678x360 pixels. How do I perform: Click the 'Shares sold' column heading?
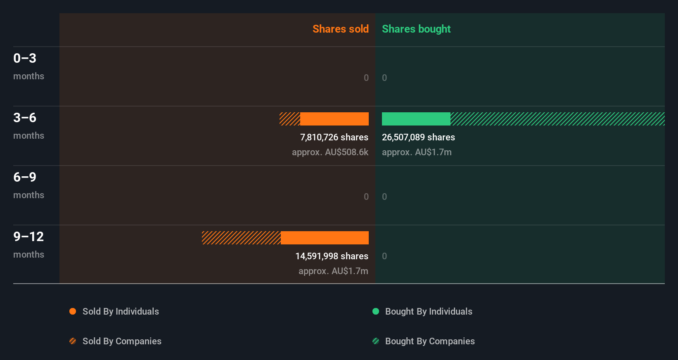coord(340,29)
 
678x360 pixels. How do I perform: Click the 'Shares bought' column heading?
coord(416,29)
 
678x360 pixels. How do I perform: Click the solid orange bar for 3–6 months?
coord(334,119)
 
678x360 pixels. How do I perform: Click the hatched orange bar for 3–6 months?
coord(290,119)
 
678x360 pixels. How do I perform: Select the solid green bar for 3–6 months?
coord(416,119)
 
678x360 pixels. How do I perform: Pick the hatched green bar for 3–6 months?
coord(557,119)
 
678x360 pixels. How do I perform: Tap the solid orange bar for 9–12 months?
coord(325,238)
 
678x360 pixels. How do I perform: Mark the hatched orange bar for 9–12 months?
coord(241,238)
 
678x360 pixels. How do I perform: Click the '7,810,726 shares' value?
coord(334,137)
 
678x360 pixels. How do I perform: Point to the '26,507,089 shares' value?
coord(418,137)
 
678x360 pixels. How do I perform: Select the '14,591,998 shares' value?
coord(332,256)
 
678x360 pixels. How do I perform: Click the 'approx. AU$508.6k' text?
coord(330,152)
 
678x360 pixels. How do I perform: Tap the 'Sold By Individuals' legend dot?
coord(73,311)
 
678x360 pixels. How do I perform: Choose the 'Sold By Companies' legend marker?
coord(73,341)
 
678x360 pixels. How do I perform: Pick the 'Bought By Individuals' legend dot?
coord(376,311)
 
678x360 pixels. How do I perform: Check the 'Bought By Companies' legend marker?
coord(376,341)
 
